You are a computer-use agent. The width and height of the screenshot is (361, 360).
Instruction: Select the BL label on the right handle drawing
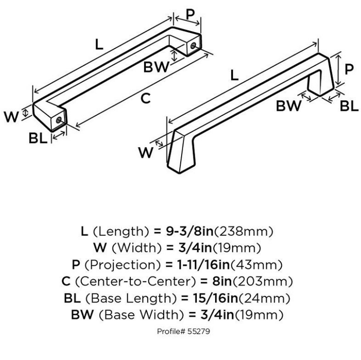point(348,105)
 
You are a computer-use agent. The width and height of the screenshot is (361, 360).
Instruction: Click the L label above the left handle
point(99,44)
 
